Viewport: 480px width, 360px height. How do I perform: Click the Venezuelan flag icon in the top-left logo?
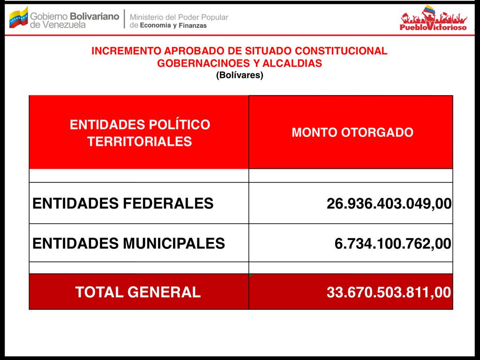(18, 17)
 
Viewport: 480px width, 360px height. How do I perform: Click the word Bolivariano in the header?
(94, 16)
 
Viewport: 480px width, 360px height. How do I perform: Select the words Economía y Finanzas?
(174, 26)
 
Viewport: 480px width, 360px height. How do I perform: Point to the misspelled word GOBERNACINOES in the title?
(194, 63)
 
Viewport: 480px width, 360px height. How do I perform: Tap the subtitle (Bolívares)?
(240, 75)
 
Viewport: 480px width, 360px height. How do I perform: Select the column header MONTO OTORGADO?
(352, 132)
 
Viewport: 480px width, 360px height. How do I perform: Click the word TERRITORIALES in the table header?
(140, 142)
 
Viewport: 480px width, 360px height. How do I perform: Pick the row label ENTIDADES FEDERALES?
(123, 203)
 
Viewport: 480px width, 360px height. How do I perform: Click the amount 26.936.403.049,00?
(389, 204)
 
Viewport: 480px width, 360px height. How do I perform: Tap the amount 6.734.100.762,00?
(393, 244)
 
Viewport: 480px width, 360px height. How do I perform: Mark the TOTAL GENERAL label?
(138, 292)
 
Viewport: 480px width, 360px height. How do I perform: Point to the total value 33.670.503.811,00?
(389, 292)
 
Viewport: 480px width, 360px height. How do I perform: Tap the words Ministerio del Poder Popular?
(179, 17)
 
